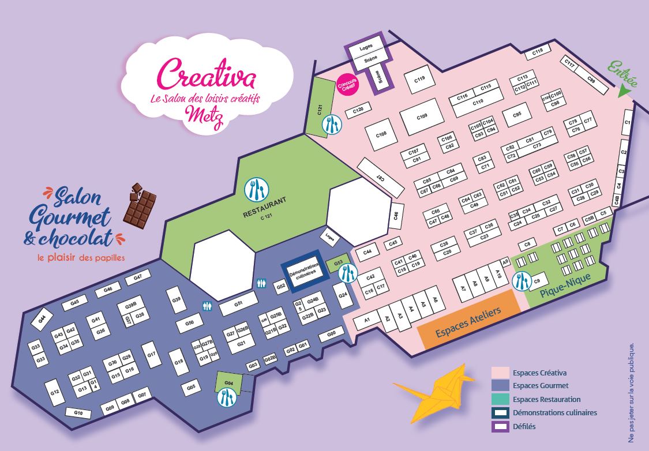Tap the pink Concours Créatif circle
pos(349,84)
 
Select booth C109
pos(422,116)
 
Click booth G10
pos(78,413)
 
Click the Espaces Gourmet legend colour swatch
pos(500,386)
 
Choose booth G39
pos(177,300)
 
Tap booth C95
pos(516,115)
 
